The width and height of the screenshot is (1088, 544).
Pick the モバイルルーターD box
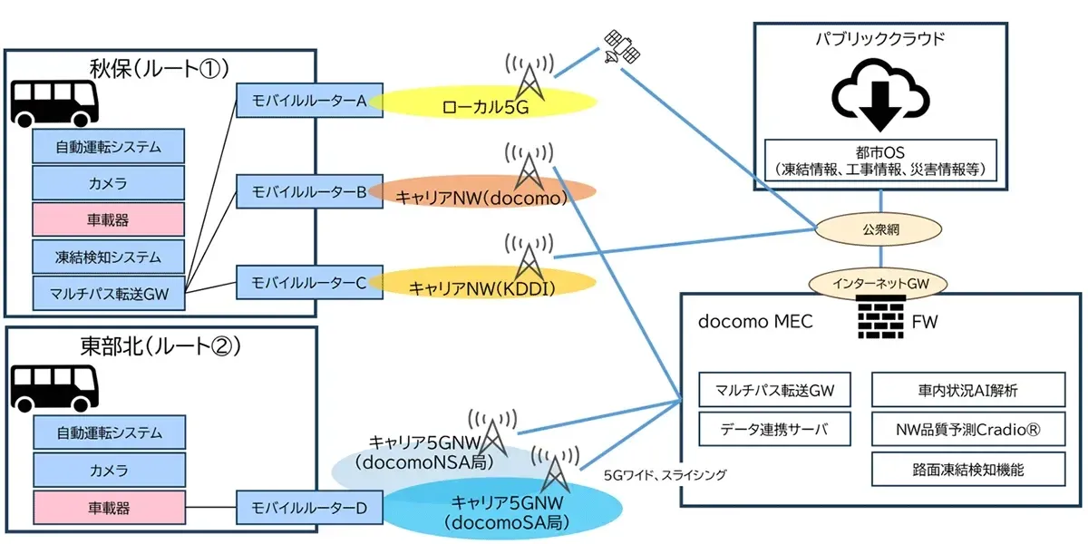click(x=309, y=508)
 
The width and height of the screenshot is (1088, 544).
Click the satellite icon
click(x=622, y=46)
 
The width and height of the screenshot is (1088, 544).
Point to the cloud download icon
click(x=880, y=95)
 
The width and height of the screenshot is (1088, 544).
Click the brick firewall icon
click(x=879, y=319)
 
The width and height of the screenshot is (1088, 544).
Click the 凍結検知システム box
click(x=109, y=256)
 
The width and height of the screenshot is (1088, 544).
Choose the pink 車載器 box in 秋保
click(x=109, y=219)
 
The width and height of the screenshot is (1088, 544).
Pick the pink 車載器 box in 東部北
click(x=109, y=506)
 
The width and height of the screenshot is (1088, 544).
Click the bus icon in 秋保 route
click(x=53, y=102)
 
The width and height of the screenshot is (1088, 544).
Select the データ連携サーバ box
click(x=775, y=429)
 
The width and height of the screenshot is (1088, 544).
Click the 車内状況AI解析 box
click(x=967, y=391)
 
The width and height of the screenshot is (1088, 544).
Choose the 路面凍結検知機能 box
click(x=967, y=469)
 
